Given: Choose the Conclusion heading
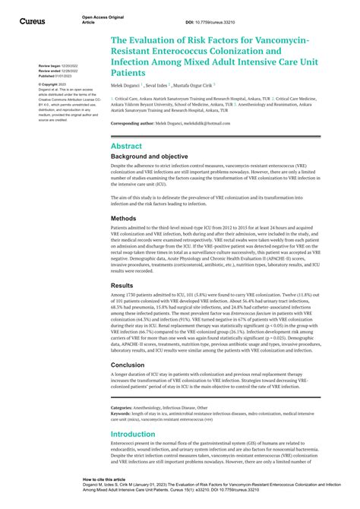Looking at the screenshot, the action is tap(128, 365).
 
